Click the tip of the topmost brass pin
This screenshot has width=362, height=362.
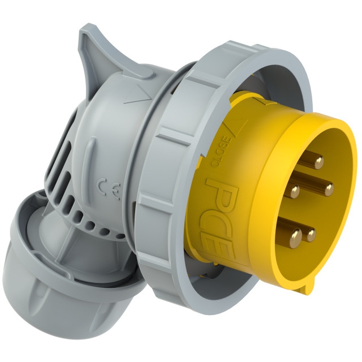(319, 162)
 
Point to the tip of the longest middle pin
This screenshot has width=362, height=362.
(328, 189)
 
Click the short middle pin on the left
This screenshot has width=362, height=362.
(295, 191)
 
